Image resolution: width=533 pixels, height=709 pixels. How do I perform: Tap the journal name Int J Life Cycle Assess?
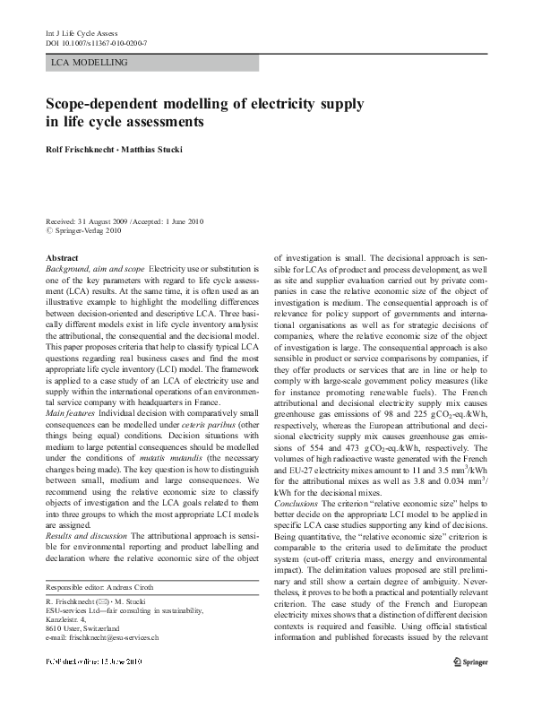tap(81, 33)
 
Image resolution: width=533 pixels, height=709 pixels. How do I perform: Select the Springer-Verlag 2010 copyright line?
tap(90, 230)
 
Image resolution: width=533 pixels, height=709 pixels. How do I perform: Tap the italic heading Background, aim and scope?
tap(95, 268)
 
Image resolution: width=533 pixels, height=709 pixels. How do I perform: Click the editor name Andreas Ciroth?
tap(149, 587)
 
